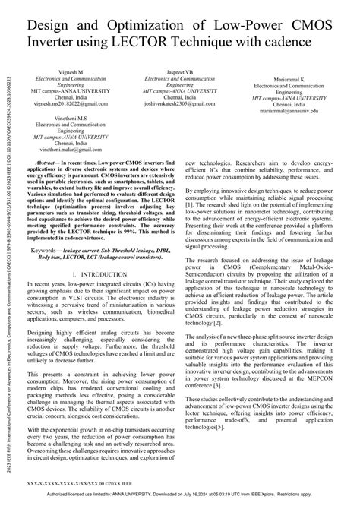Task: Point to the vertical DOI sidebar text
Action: tap(7, 251)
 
